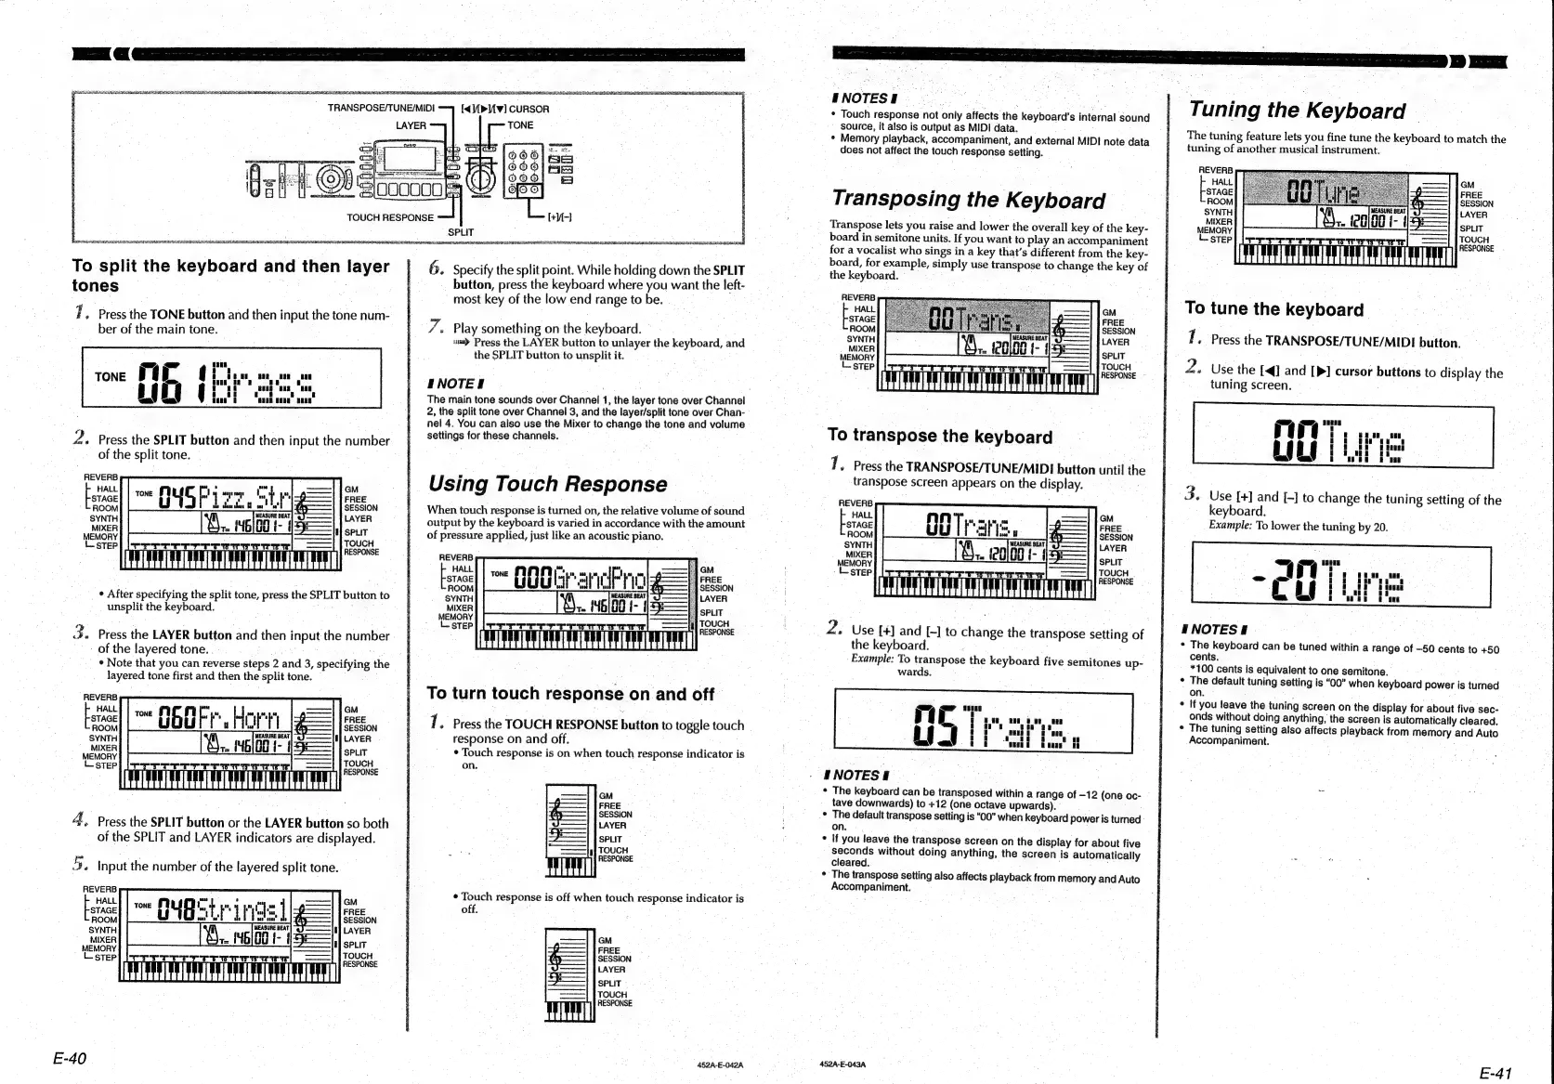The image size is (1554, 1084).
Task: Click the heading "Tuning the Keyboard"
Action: [x=1297, y=111]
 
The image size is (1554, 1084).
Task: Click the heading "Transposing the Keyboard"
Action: [x=968, y=200]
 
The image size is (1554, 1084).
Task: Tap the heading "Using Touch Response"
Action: [x=546, y=484]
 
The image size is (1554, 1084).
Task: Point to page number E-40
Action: [x=69, y=1059]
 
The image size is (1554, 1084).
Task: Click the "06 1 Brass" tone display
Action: [x=231, y=378]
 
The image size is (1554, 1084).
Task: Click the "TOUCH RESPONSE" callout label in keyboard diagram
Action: [x=389, y=217]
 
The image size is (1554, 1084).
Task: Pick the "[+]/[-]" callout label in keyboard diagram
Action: [x=558, y=217]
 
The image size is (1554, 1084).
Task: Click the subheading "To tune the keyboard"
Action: [x=1273, y=309]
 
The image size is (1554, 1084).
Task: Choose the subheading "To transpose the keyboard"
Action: [x=939, y=437]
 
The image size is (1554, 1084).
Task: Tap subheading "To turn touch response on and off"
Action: [x=569, y=694]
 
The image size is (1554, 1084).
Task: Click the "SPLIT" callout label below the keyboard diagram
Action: [x=460, y=232]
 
